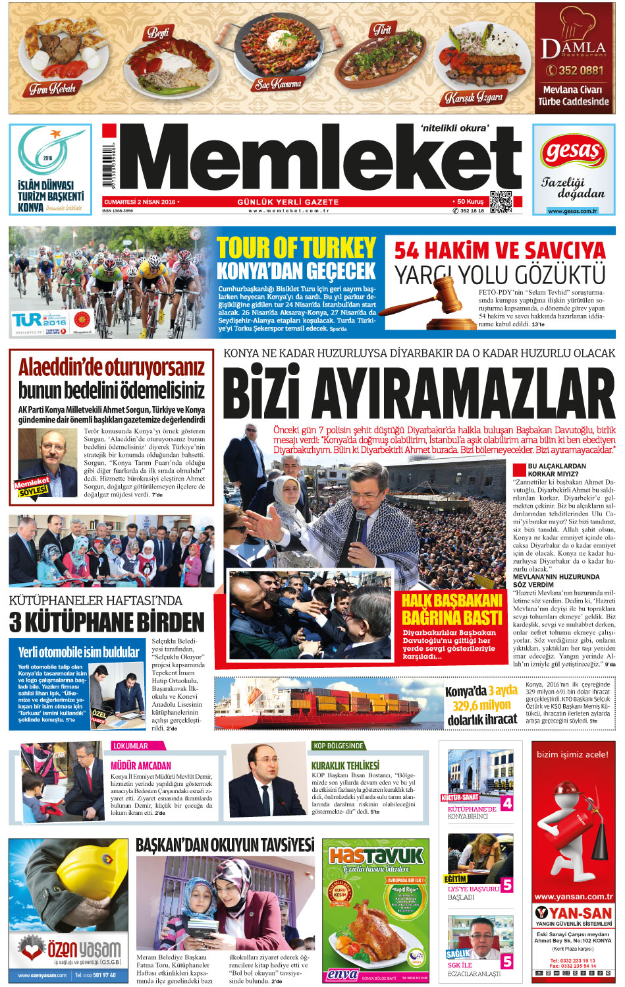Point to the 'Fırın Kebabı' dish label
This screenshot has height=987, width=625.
click(53, 88)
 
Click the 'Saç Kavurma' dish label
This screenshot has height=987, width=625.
click(278, 84)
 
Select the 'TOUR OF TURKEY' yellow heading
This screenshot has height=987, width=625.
click(296, 248)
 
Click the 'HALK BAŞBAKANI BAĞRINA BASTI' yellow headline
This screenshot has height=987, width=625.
click(452, 609)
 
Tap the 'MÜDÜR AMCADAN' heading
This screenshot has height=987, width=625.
click(141, 765)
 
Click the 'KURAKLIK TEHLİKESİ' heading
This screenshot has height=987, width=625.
click(345, 765)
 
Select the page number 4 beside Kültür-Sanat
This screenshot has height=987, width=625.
click(506, 804)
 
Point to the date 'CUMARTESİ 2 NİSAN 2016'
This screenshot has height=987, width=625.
click(140, 202)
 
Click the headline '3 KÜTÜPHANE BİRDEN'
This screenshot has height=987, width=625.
click(107, 622)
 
